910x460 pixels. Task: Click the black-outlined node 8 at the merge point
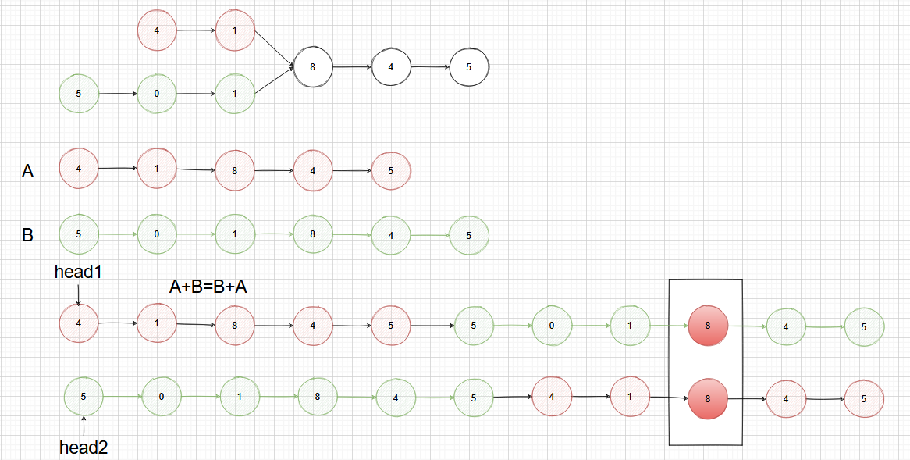(x=313, y=67)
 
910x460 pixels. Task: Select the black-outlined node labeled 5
(x=469, y=67)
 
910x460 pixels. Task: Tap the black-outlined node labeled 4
(x=391, y=67)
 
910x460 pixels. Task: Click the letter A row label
(x=27, y=171)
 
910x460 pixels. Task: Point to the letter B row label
(x=27, y=234)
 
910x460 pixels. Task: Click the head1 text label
(x=78, y=272)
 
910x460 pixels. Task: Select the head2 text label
(x=84, y=448)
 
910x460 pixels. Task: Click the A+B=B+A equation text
(x=208, y=287)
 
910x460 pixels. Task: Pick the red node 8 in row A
(x=235, y=169)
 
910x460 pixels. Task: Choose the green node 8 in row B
(x=313, y=234)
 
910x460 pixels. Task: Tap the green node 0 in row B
(x=157, y=234)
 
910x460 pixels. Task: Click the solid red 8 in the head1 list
(x=708, y=326)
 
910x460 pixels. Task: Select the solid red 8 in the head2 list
(x=708, y=398)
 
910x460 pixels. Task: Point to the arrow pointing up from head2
(x=84, y=426)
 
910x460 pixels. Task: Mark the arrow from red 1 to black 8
(x=275, y=49)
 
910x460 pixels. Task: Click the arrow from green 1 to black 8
(x=275, y=83)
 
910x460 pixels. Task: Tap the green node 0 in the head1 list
(x=552, y=326)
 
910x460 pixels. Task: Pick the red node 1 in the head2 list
(x=630, y=397)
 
